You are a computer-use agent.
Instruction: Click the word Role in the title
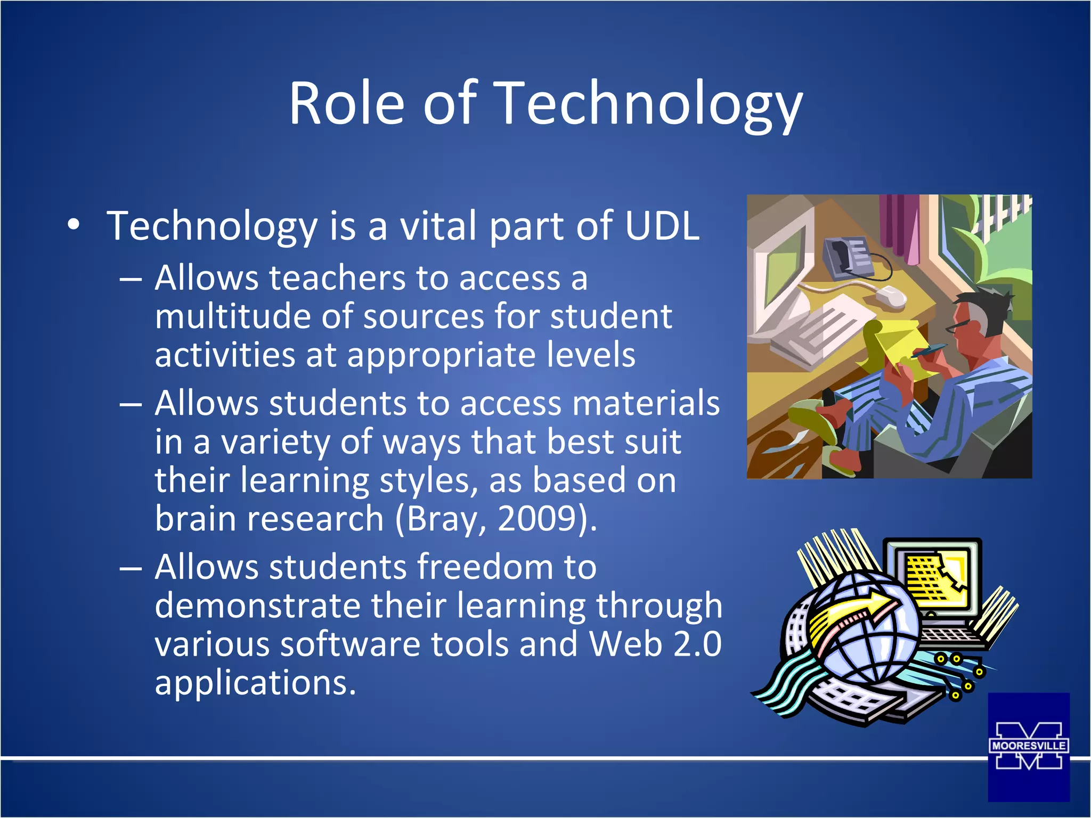[347, 104]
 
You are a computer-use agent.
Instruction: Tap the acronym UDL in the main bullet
[662, 226]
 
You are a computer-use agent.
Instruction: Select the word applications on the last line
[255, 683]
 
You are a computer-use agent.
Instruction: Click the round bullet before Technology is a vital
[74, 225]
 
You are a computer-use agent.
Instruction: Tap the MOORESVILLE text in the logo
[1028, 746]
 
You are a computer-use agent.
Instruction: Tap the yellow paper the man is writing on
[900, 346]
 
